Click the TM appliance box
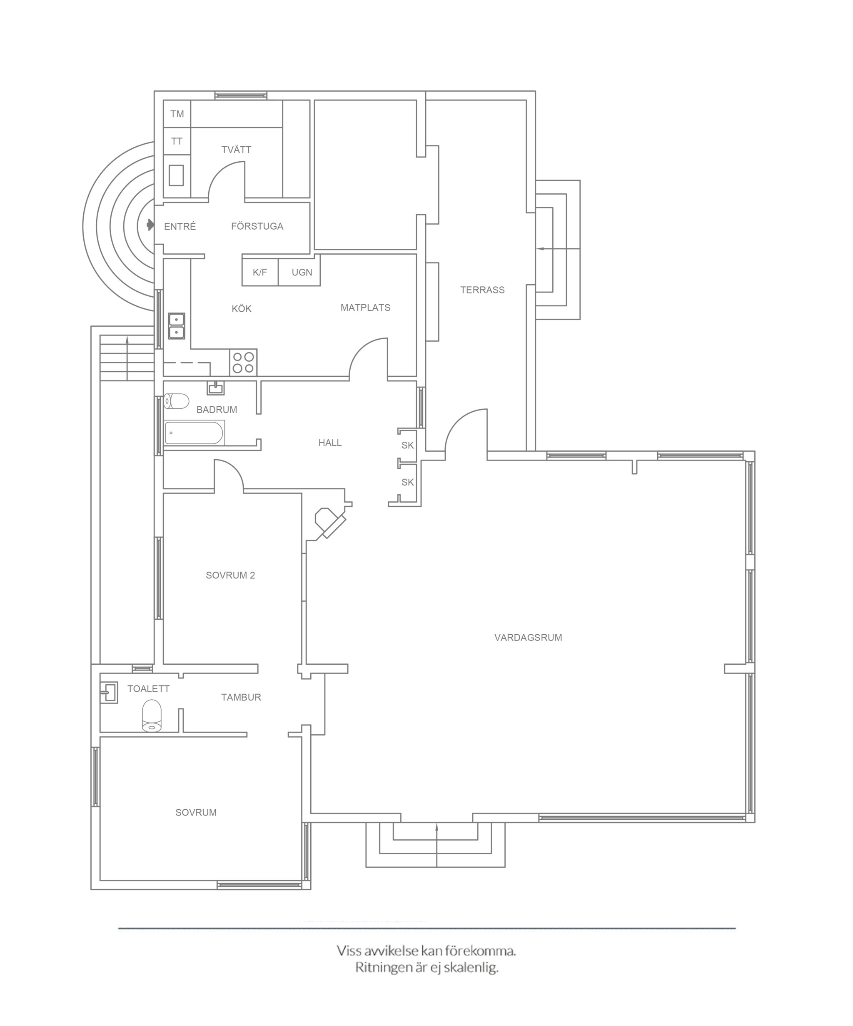pos(177,114)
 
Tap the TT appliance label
pos(177,141)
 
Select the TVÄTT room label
pos(236,150)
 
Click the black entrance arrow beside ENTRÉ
pos(150,225)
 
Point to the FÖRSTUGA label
pos(257,226)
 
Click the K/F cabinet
pos(260,272)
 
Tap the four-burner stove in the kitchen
pos(243,363)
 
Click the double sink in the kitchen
pos(176,326)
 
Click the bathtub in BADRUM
pos(195,433)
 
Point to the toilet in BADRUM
pos(176,401)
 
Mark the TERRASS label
pos(482,290)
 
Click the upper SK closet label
pos(408,445)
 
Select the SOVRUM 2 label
pos(230,576)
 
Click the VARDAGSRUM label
pos(528,638)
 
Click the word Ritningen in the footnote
pos(384,967)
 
